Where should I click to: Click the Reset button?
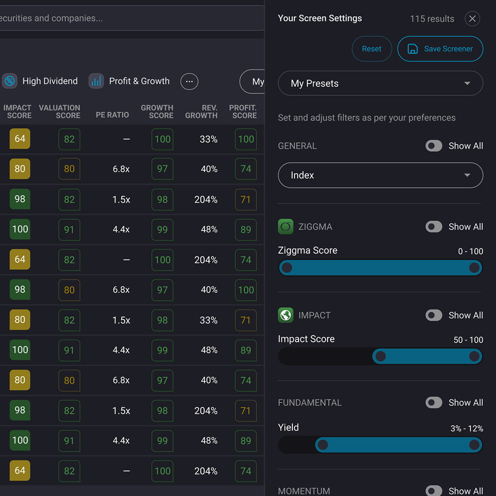(x=372, y=49)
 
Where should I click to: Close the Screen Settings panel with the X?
(x=472, y=18)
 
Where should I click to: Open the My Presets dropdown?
(x=380, y=83)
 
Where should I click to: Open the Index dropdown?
(x=380, y=175)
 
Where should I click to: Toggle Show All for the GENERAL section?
(x=434, y=146)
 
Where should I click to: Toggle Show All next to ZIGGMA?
(x=434, y=227)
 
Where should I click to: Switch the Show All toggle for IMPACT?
(x=434, y=315)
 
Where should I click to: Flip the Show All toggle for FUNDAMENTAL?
(x=434, y=403)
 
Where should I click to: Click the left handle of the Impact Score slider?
(x=380, y=356)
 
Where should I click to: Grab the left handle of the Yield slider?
(x=322, y=445)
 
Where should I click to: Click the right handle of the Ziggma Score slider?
(x=474, y=268)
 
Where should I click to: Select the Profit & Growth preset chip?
(x=130, y=81)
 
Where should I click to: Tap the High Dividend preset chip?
(x=41, y=81)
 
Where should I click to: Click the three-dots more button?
(x=189, y=82)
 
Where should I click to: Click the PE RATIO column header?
(x=112, y=115)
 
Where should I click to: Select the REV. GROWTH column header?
(x=201, y=111)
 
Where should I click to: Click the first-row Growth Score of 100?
(x=162, y=139)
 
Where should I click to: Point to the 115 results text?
(x=432, y=19)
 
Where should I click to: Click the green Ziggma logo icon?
(x=286, y=227)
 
